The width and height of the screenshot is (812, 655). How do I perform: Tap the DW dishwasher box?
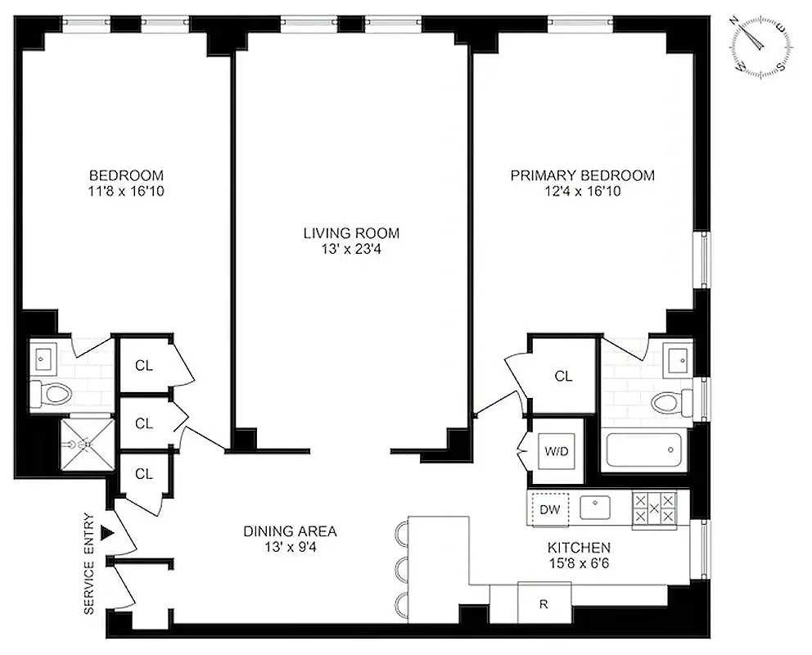click(550, 509)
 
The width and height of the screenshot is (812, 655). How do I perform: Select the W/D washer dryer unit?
click(553, 451)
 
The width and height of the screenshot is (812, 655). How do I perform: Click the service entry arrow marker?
click(106, 534)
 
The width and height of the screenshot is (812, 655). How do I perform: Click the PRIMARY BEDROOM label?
click(582, 175)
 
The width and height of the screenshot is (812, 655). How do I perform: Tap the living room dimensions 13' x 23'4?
click(351, 250)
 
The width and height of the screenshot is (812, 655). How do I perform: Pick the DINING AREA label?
click(290, 531)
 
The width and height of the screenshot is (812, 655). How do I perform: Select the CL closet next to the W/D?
click(563, 377)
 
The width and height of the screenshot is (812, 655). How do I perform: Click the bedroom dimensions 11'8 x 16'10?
click(126, 192)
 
